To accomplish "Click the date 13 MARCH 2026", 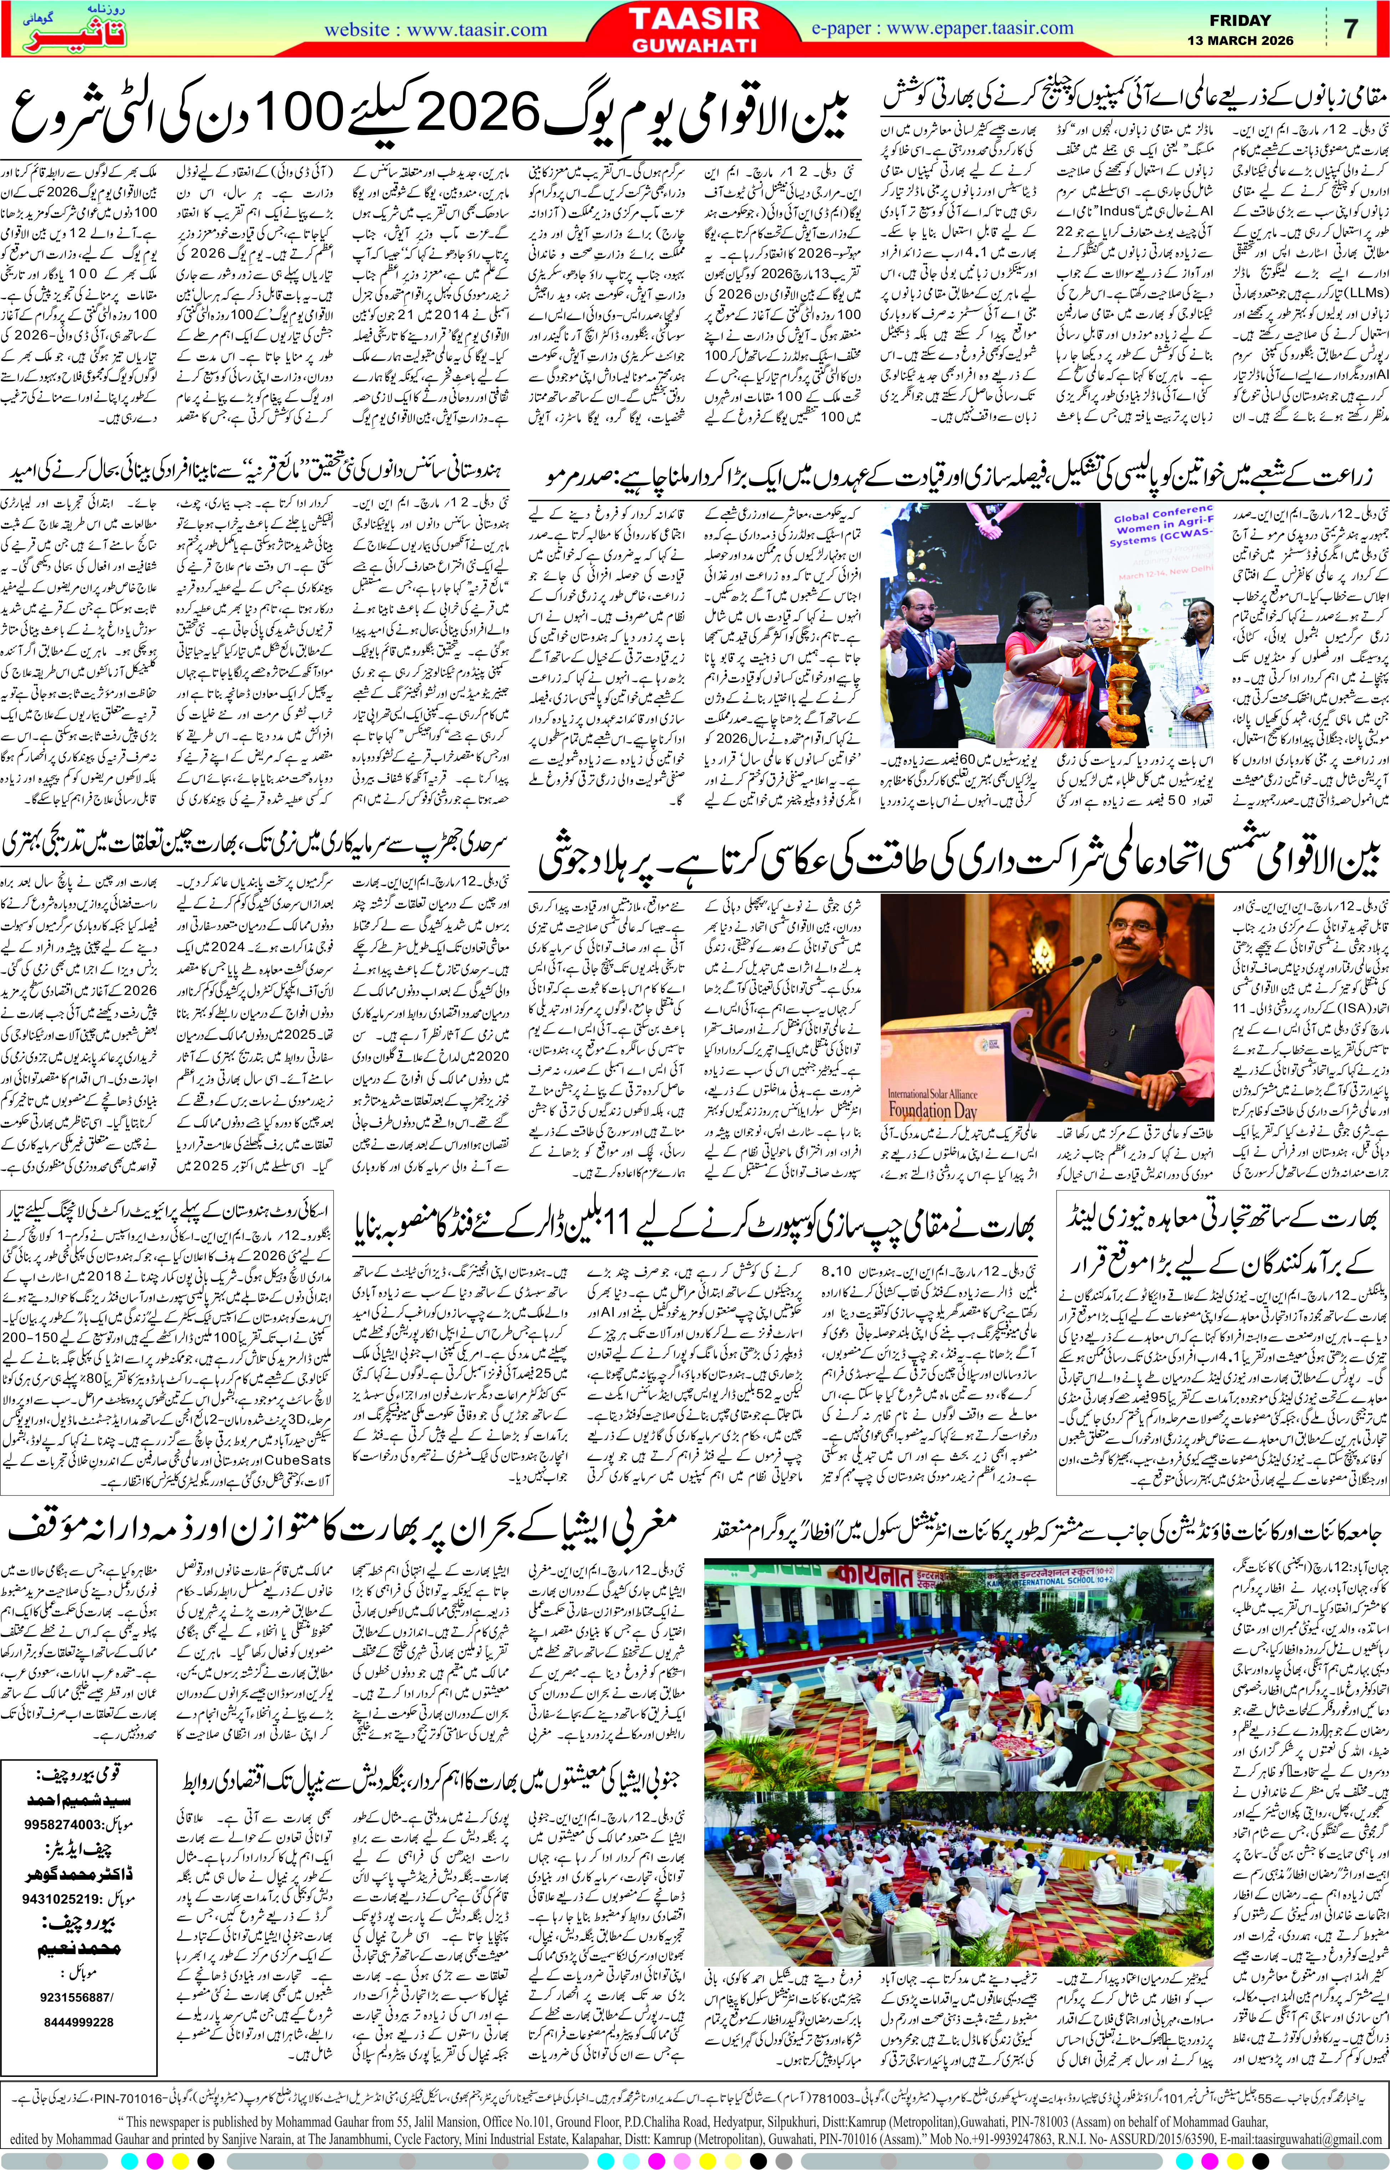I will pos(1239,41).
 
